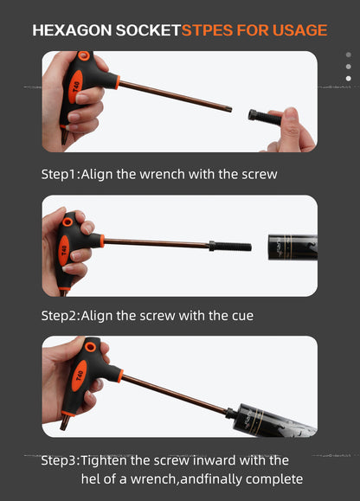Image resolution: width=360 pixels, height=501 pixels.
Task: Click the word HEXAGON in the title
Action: (x=72, y=30)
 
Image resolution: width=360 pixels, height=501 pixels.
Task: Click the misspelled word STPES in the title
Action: (x=208, y=30)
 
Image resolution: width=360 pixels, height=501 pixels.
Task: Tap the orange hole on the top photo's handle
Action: (x=84, y=55)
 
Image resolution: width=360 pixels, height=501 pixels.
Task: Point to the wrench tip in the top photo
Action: (x=228, y=109)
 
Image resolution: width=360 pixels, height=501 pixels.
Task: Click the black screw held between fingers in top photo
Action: (x=265, y=117)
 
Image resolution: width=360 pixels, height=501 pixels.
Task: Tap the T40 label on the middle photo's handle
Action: (x=64, y=251)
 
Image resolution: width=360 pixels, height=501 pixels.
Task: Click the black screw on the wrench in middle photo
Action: (x=230, y=246)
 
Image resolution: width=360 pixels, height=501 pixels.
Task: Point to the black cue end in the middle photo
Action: (x=292, y=247)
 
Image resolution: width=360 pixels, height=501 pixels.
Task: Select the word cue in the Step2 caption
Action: (x=242, y=316)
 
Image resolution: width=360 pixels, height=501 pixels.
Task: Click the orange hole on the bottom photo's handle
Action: (x=90, y=347)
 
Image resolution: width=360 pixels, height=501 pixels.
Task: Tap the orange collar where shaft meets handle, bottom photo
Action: (x=120, y=376)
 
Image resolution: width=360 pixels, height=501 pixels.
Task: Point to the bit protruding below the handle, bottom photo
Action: (x=65, y=423)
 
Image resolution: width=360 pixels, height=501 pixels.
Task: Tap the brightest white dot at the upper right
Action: (x=349, y=78)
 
